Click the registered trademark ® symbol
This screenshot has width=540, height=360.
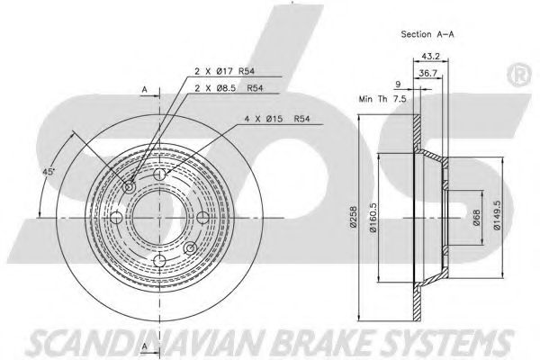click(519, 76)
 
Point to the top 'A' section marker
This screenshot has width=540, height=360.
click(143, 89)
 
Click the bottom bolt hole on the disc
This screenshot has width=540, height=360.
click(160, 260)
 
